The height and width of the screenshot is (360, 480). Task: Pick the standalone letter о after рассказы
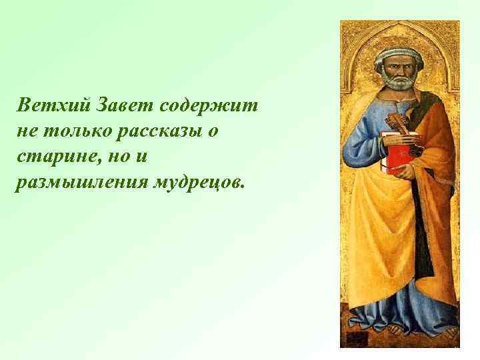pyautogui.click(x=213, y=132)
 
